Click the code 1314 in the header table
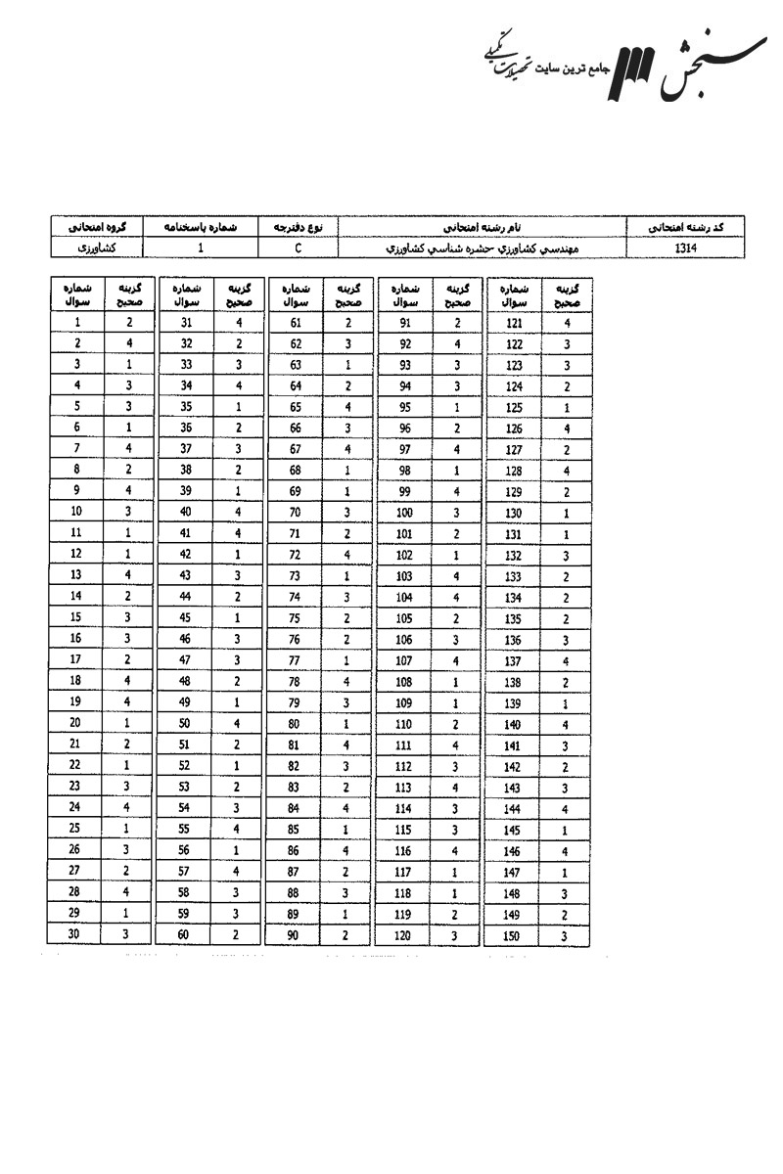pyautogui.click(x=684, y=248)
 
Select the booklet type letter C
pyautogui.click(x=298, y=248)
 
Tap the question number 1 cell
pyautogui.click(x=76, y=322)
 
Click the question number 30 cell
pyautogui.click(x=76, y=934)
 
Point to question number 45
pyautogui.click(x=186, y=617)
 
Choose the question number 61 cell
pyautogui.click(x=296, y=322)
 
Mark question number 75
pyautogui.click(x=296, y=617)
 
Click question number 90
pyautogui.click(x=296, y=935)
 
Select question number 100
pyautogui.click(x=405, y=513)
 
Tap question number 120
pyautogui.click(x=405, y=935)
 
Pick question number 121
pyautogui.click(x=515, y=322)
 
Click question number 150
pyautogui.click(x=515, y=935)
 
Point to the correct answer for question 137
pyautogui.click(x=567, y=660)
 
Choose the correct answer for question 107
pyautogui.click(x=457, y=660)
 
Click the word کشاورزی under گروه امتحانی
pyautogui.click(x=95, y=248)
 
